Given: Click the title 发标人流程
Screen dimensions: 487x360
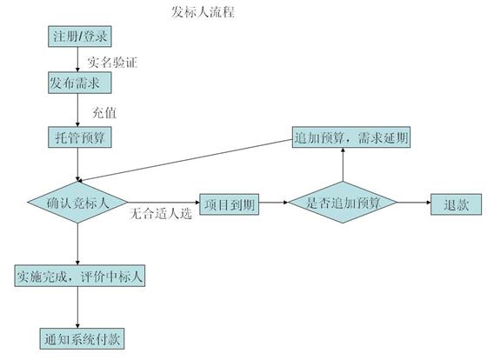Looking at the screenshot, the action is point(203,12).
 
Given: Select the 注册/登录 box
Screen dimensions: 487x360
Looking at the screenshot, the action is point(80,37).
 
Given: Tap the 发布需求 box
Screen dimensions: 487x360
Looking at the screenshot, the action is point(80,83).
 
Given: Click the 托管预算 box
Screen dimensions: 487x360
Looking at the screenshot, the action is point(80,137).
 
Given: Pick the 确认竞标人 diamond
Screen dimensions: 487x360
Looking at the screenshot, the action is point(77,203).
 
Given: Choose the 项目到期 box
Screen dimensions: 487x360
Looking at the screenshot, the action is point(230,204).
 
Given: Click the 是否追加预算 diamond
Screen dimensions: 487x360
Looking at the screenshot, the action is point(343,203).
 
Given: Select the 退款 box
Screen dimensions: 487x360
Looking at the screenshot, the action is point(457,204).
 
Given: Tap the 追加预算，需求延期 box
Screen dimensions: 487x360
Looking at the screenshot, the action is point(351,137).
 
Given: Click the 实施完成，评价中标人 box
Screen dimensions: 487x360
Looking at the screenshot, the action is point(80,276).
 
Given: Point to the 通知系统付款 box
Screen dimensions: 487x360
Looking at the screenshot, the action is point(82,339).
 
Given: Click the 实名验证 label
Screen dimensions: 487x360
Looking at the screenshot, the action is point(112,62).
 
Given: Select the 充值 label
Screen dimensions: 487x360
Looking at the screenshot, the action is point(104,112).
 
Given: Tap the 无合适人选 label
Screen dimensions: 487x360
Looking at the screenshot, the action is point(161,214).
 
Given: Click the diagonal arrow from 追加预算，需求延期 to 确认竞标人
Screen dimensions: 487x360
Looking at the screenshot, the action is point(184,160).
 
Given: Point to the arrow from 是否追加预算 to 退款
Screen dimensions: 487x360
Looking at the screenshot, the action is point(414,203).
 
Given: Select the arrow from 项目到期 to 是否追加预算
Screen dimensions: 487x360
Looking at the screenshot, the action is point(274,203).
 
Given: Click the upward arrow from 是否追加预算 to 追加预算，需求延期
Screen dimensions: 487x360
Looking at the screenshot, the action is point(343,164).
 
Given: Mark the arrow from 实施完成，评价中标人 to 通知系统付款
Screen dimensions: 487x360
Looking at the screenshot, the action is point(77,307).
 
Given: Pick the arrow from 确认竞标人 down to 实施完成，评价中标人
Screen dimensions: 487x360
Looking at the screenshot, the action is point(77,244).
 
